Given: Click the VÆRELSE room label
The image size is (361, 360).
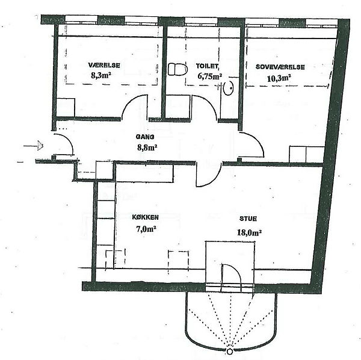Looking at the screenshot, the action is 104,65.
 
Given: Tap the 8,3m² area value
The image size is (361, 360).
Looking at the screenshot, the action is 100,75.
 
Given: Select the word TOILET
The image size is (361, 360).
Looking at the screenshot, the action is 207,66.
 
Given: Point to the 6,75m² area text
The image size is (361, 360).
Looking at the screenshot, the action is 210,76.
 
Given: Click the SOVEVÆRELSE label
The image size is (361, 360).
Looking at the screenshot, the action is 280,67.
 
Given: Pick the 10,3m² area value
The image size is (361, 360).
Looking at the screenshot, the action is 279,78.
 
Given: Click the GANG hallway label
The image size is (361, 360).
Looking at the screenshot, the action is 145,137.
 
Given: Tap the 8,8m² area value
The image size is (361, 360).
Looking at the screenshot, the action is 147,147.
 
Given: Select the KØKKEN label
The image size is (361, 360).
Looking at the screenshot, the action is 145,217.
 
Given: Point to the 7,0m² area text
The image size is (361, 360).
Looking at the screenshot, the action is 146,229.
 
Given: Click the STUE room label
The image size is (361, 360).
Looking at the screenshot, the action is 248,219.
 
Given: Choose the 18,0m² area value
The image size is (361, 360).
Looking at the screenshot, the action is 249,232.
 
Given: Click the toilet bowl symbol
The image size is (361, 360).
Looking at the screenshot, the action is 177,69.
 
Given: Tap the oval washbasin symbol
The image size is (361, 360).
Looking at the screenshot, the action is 229,88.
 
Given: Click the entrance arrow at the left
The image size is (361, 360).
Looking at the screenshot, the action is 34,146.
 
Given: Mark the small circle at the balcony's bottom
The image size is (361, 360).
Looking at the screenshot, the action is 229,352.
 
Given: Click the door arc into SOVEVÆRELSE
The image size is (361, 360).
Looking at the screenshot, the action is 258,140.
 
